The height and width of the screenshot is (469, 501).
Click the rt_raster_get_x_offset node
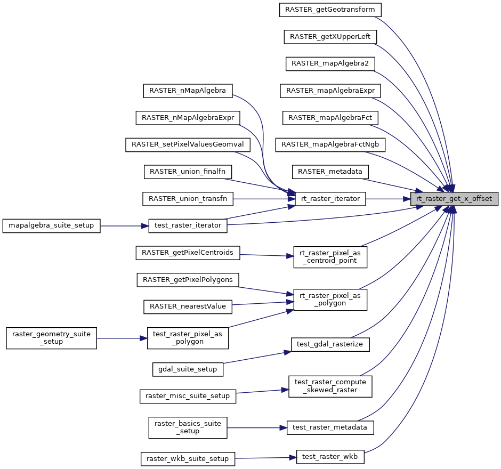coord(454,199)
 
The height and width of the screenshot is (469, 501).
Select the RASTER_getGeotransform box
coord(330,10)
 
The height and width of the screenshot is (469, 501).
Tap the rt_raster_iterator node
coord(330,199)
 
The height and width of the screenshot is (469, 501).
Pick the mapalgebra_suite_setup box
coord(51,225)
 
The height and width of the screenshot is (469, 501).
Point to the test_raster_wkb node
coord(329,456)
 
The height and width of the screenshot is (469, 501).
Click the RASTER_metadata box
coord(330,172)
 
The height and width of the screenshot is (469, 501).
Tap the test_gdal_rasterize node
coord(329,344)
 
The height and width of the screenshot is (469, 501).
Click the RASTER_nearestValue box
coord(188,306)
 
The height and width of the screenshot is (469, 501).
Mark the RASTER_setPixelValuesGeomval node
coord(188,145)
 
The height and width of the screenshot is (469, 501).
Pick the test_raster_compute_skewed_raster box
coord(329,386)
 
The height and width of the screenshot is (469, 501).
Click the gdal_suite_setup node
coord(188,369)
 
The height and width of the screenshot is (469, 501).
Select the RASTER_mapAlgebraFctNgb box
coord(330,144)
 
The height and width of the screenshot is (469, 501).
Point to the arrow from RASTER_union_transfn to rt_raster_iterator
coord(261,199)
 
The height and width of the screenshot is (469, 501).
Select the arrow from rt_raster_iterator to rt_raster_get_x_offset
coord(388,199)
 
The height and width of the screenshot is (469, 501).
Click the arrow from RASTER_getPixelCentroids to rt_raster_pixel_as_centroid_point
coord(266,255)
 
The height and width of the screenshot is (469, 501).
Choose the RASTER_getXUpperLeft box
coord(330,37)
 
